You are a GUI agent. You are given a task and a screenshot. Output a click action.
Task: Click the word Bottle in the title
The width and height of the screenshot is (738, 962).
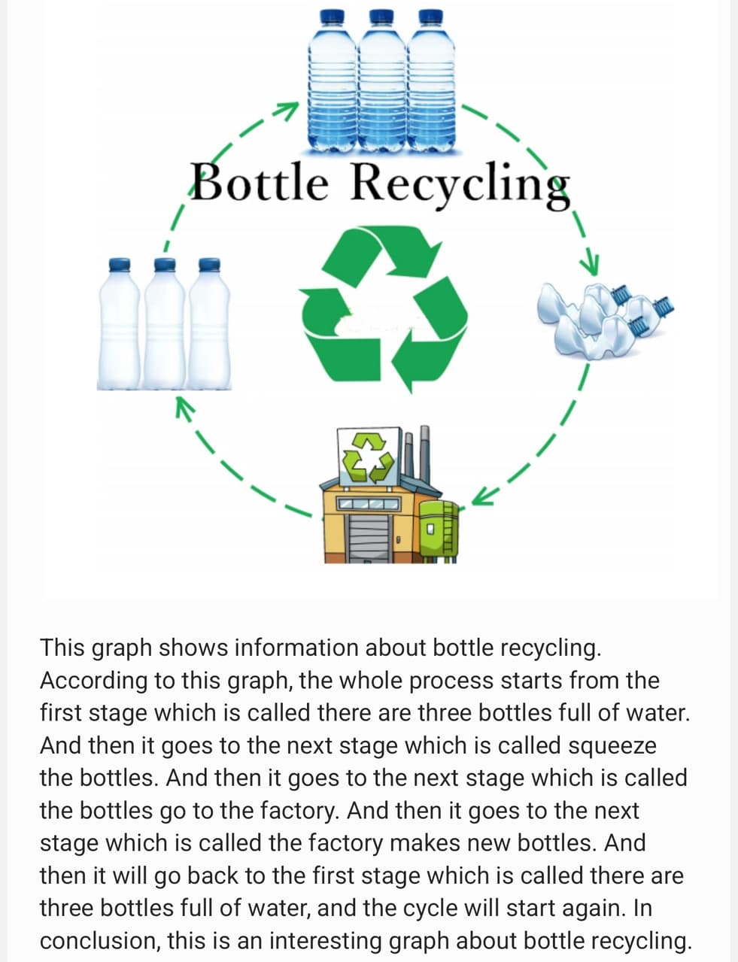260,182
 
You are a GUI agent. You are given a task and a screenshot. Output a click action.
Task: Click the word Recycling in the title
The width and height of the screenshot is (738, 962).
460,186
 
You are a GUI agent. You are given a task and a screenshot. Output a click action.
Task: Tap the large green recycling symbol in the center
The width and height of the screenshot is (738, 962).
384,309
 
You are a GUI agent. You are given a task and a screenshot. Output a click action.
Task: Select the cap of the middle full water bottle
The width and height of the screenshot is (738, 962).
381,17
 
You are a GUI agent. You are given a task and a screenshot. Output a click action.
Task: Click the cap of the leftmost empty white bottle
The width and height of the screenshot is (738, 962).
120,265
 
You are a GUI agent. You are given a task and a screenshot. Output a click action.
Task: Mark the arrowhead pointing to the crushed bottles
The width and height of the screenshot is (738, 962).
590,264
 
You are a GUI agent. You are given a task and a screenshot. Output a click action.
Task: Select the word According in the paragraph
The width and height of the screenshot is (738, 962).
93,681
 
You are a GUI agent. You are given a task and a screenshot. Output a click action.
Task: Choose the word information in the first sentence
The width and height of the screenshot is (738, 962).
296,648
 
